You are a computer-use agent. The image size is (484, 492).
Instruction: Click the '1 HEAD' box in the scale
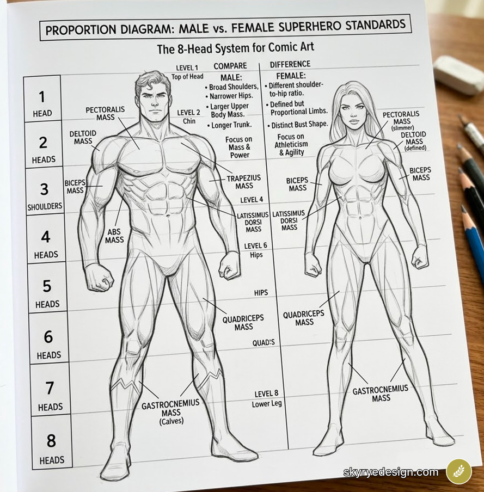(42, 103)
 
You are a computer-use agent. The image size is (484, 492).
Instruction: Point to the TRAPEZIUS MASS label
(244, 182)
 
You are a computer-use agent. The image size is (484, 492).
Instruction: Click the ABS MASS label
(114, 236)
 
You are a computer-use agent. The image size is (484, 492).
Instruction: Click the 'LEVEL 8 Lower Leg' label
(267, 399)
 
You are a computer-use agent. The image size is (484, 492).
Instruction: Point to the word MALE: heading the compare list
(231, 77)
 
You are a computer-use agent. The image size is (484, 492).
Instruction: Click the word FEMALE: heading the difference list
(291, 76)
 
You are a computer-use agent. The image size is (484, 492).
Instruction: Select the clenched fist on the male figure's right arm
(99, 276)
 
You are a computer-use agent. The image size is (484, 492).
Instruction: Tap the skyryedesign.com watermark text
(390, 472)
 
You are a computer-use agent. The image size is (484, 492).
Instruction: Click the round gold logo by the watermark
(459, 471)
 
